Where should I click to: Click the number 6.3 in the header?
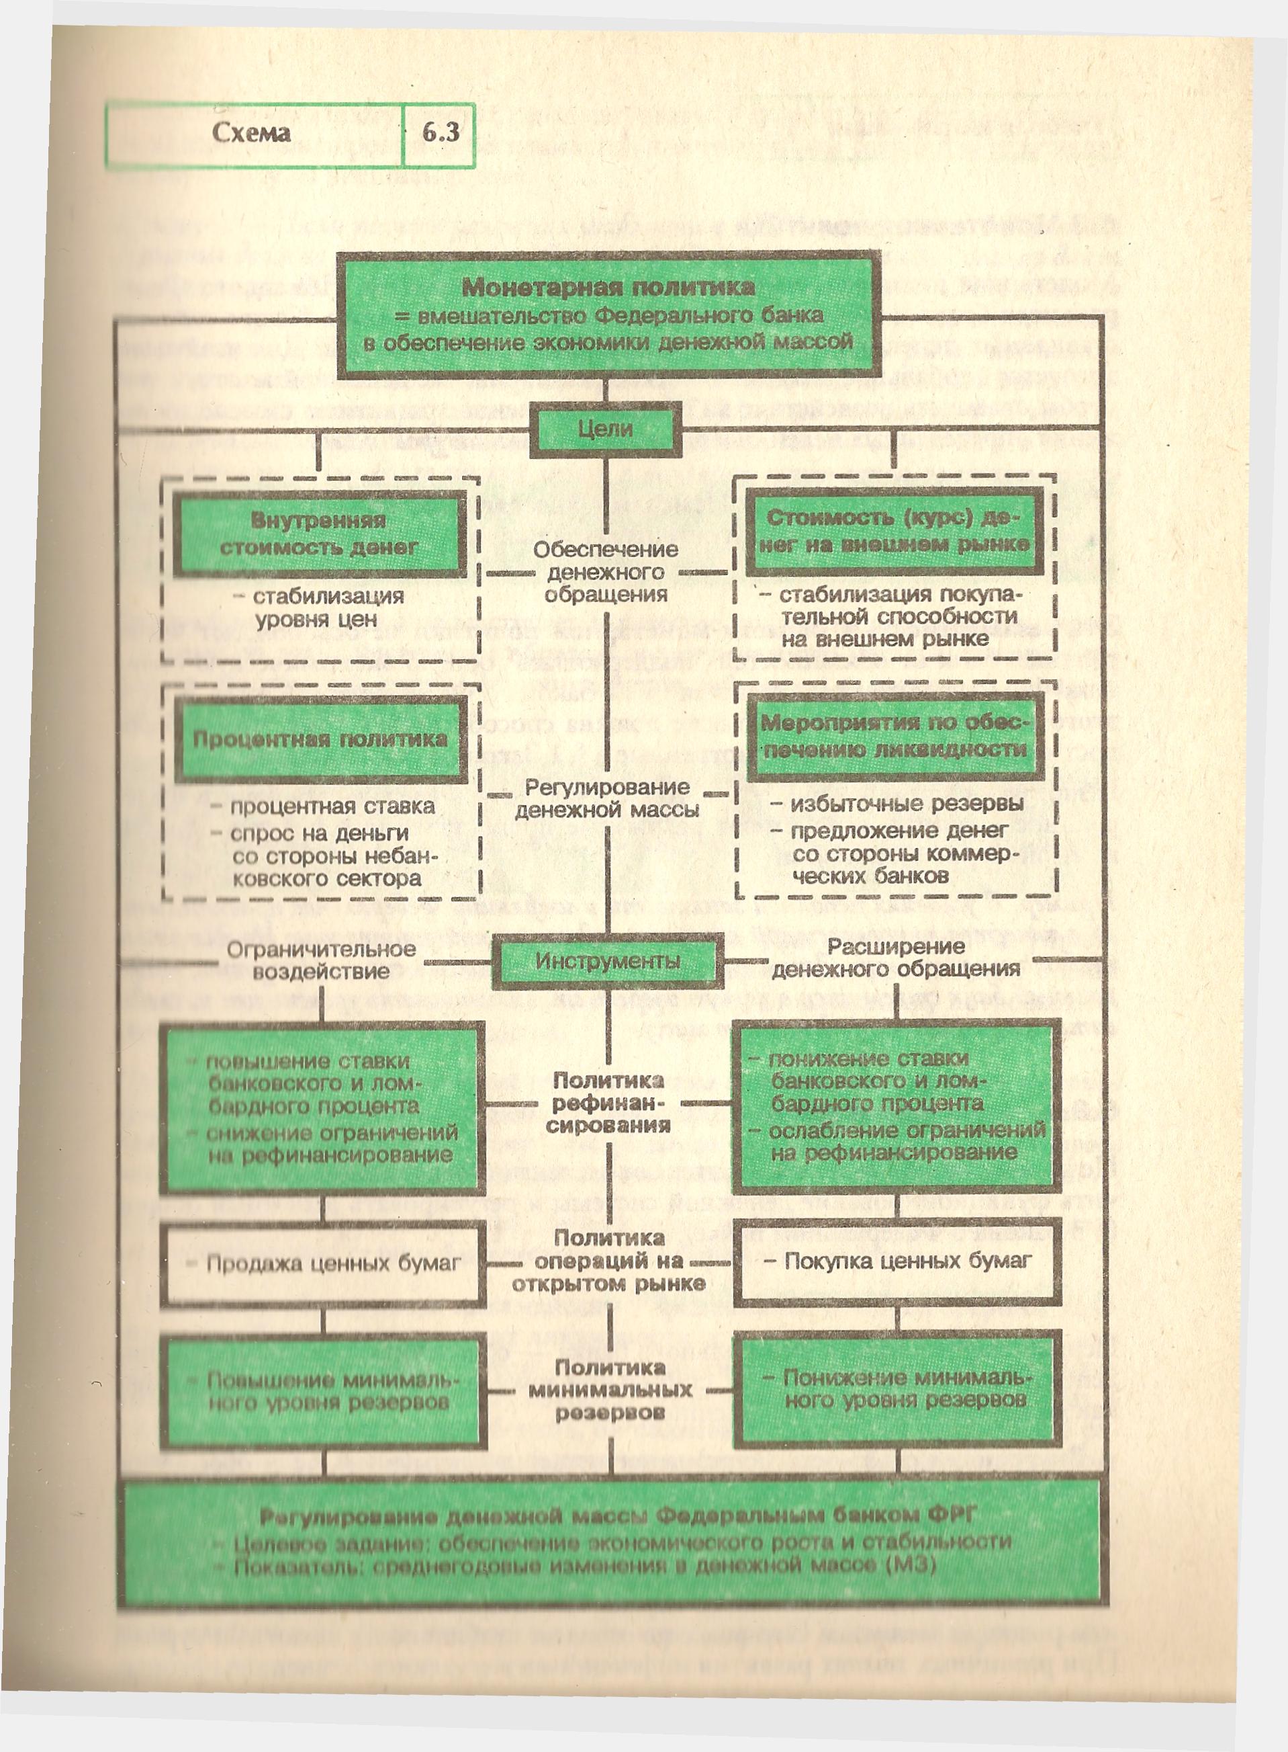click(x=441, y=133)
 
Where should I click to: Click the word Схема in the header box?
click(x=251, y=133)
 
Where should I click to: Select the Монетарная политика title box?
click(x=608, y=315)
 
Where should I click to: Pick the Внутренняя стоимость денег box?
click(x=319, y=534)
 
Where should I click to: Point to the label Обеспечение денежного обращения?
click(x=606, y=572)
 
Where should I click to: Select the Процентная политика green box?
click(x=320, y=739)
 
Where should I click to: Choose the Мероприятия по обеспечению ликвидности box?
click(x=895, y=736)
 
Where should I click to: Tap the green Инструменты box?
click(x=607, y=962)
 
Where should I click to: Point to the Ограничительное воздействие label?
click(x=321, y=960)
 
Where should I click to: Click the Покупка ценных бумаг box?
click(x=896, y=1261)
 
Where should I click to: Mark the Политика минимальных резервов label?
click(x=610, y=1389)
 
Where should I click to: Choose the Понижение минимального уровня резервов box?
click(x=896, y=1389)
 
